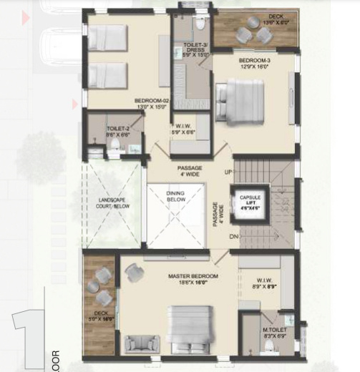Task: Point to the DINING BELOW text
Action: [x=175, y=196]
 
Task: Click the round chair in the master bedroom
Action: [x=134, y=273]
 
